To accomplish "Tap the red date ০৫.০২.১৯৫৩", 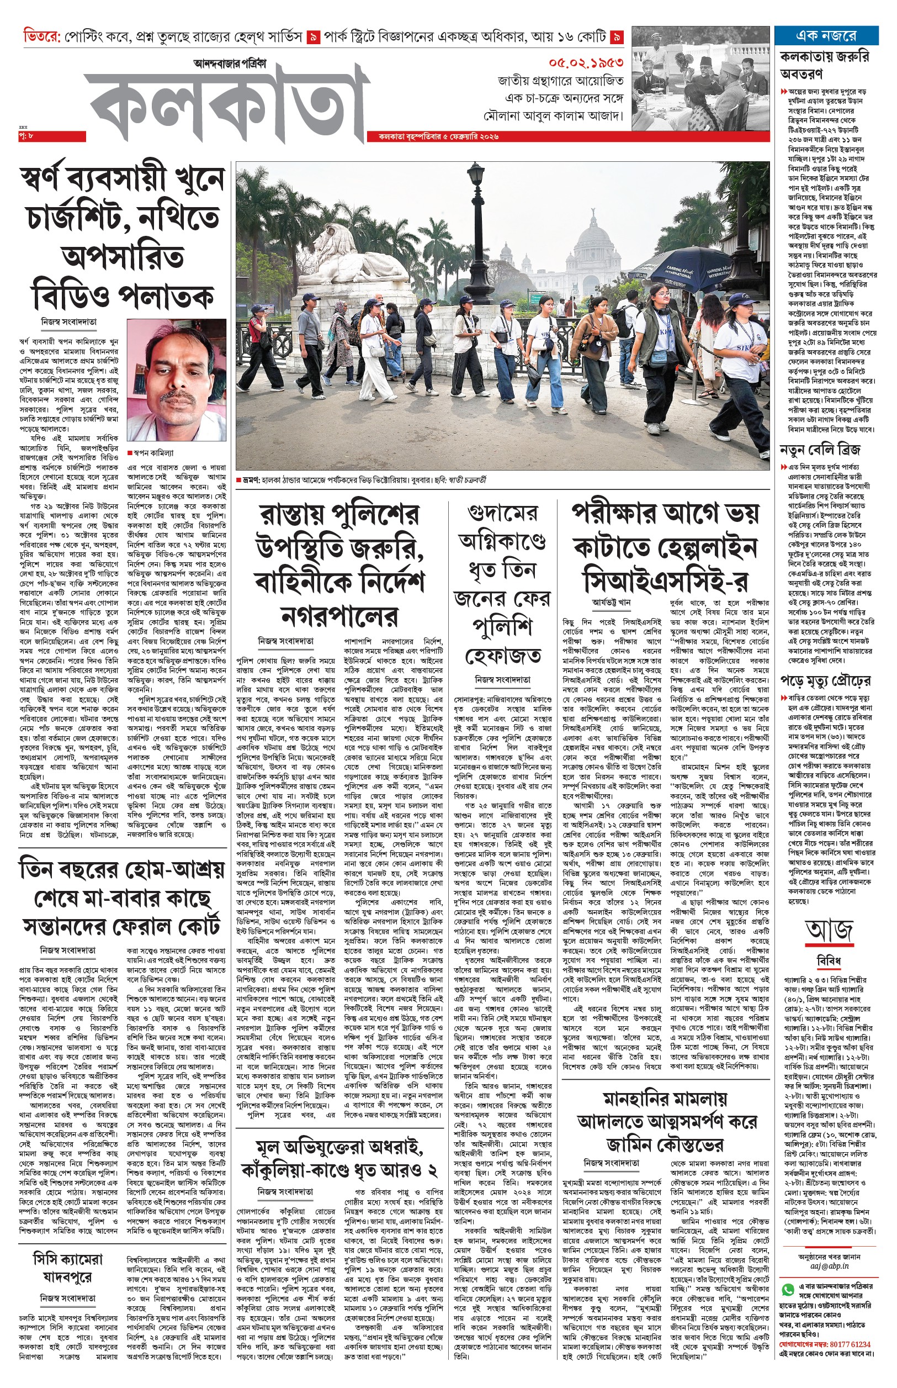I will click(585, 62).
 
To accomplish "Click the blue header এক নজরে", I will click(826, 35).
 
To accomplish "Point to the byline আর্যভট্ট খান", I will click(612, 602).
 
